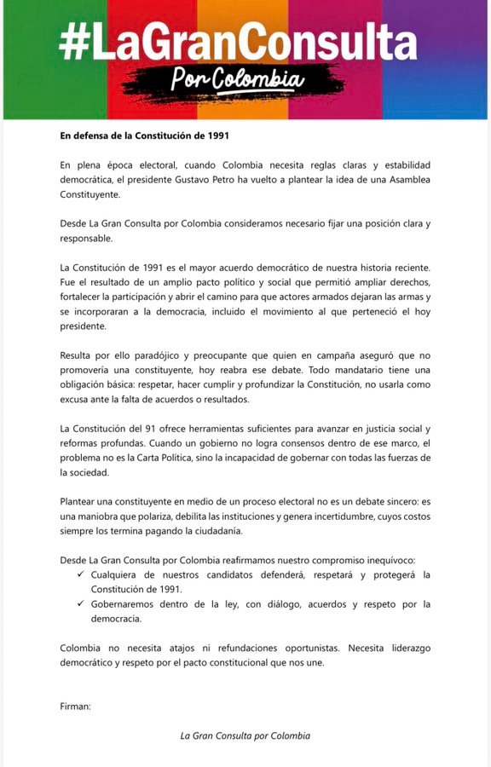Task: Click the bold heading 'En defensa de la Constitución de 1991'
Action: click(144, 135)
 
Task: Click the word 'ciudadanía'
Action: click(218, 531)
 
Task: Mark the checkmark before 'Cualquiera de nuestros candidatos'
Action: click(81, 575)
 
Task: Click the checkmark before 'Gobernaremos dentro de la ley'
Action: click(81, 604)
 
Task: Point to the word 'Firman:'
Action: click(75, 706)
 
